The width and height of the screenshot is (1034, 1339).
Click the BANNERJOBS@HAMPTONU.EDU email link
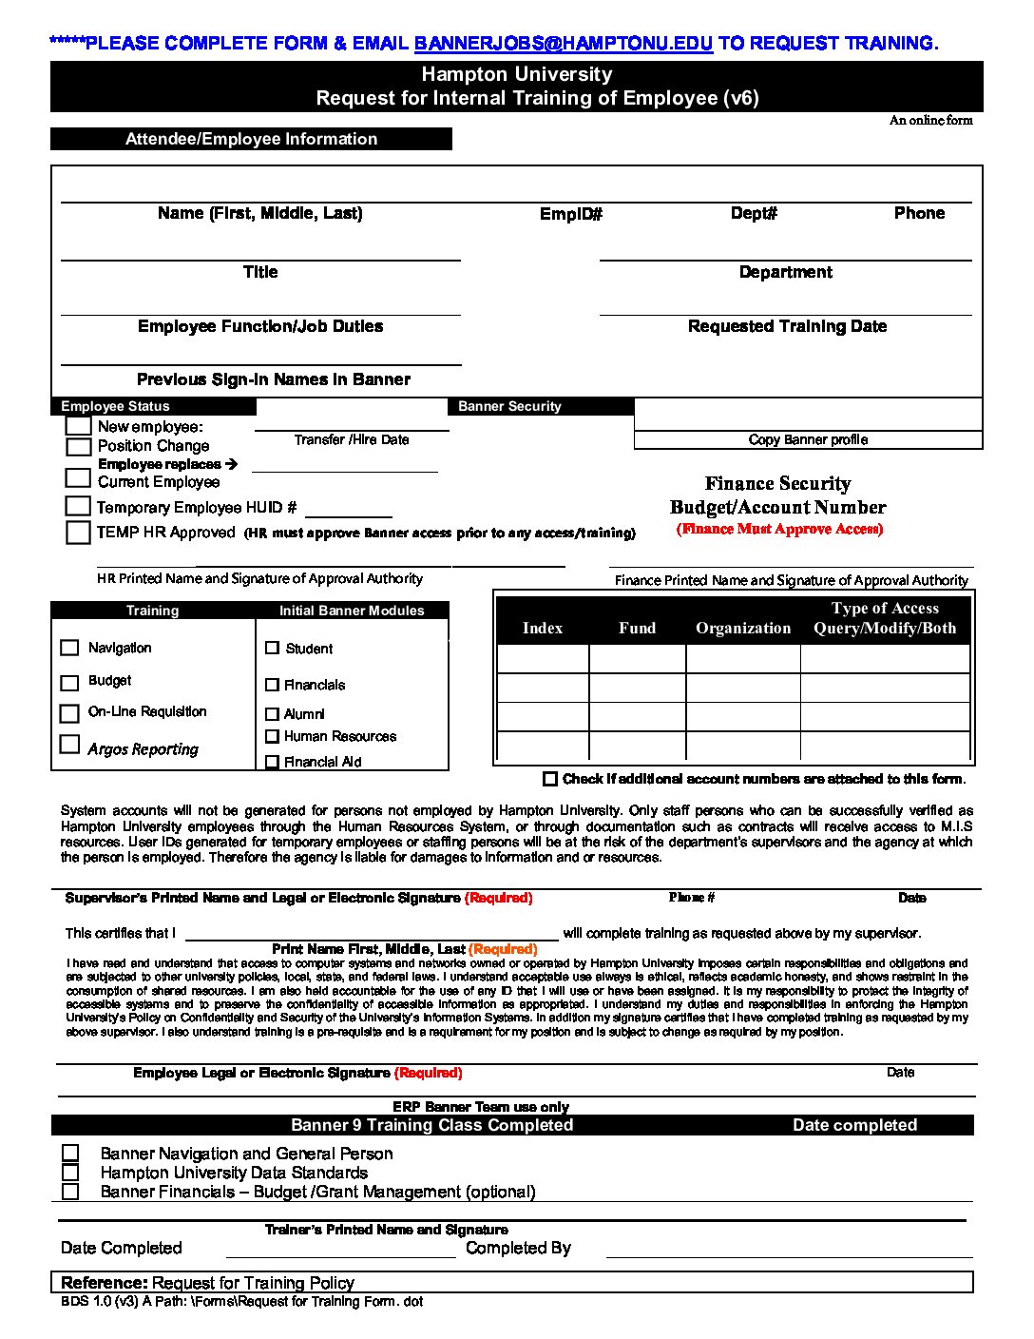click(563, 43)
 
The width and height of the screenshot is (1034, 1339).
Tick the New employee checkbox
click(79, 426)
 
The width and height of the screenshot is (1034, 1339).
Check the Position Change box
click(79, 446)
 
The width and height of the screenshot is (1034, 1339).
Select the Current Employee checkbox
click(78, 478)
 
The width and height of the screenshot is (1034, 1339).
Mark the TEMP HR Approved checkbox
click(78, 533)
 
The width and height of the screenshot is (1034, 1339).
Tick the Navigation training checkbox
click(69, 648)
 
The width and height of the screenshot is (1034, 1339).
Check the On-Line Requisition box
click(69, 713)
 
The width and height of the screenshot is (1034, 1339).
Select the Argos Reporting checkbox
click(69, 745)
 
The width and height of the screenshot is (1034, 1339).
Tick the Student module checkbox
click(273, 649)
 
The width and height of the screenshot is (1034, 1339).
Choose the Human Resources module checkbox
click(273, 736)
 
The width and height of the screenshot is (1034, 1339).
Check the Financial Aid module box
click(273, 762)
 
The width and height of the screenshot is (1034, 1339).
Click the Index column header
click(543, 628)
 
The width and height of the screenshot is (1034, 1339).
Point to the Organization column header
click(743, 628)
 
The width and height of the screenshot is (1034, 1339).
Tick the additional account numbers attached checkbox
click(550, 779)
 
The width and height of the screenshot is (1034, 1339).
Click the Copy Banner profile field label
click(808, 439)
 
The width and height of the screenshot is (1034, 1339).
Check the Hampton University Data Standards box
click(70, 1173)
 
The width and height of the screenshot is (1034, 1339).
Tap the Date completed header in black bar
click(854, 1125)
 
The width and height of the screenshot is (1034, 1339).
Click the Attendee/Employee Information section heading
click(252, 139)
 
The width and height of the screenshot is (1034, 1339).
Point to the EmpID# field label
click(571, 214)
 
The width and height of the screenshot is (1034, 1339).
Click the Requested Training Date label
click(787, 326)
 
